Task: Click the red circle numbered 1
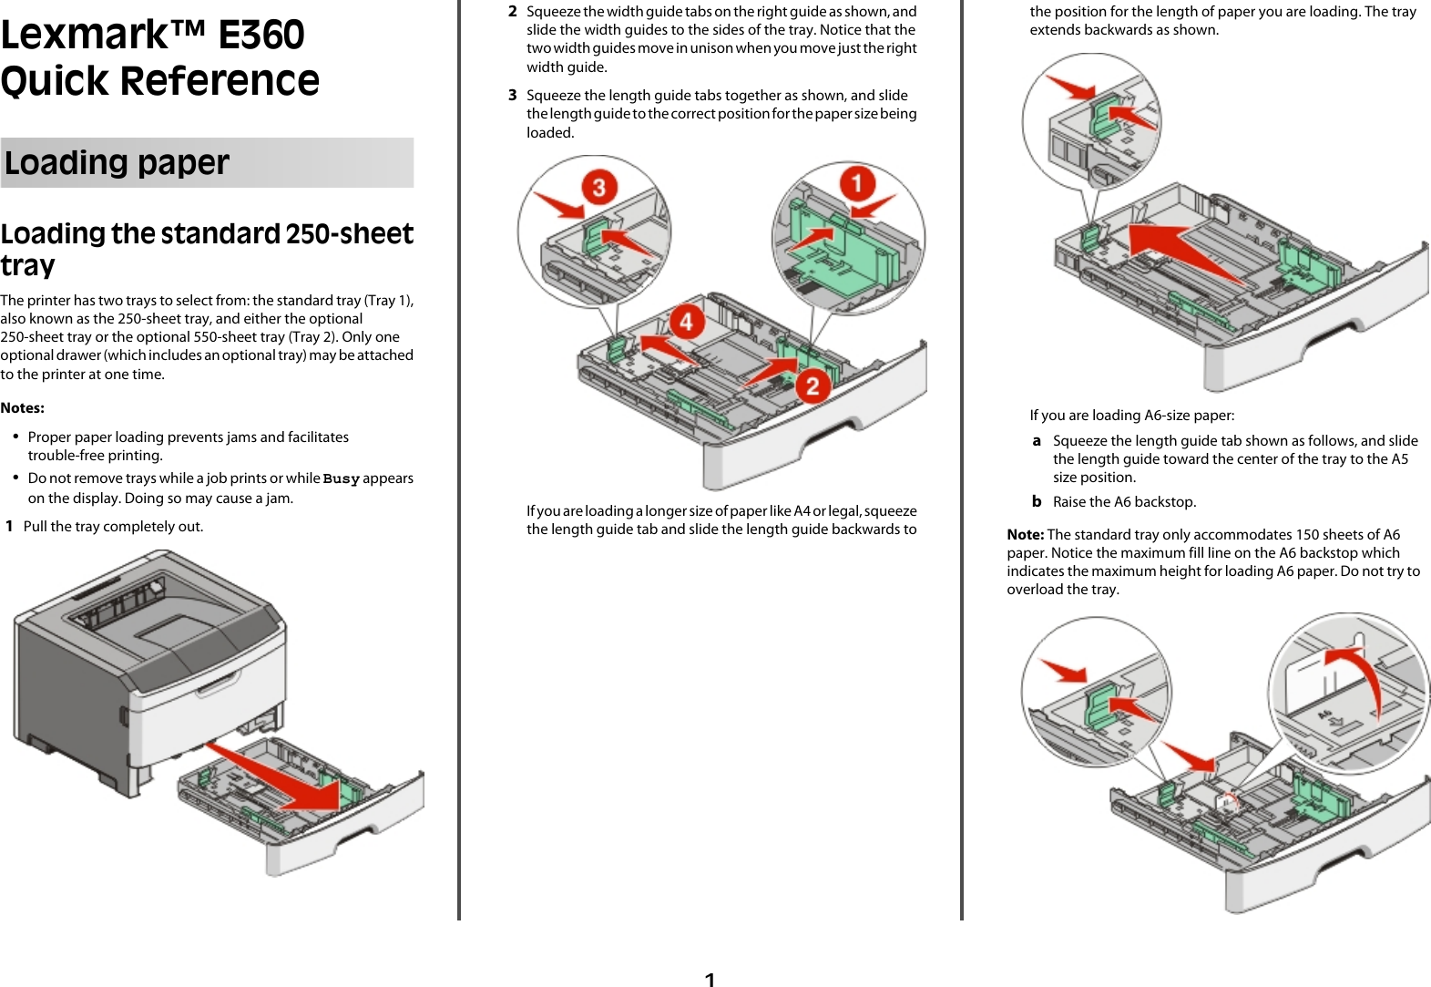(x=856, y=183)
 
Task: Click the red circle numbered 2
(x=813, y=385)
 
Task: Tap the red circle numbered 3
(x=598, y=188)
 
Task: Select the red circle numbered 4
(x=686, y=321)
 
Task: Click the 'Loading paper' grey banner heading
(x=118, y=162)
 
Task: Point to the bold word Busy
(x=341, y=478)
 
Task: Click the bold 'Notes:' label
(x=23, y=407)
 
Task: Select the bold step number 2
(x=513, y=12)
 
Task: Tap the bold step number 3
(x=513, y=95)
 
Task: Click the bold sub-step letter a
(x=1037, y=440)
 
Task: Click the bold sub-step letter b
(x=1037, y=501)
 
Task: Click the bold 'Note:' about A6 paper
(x=1025, y=534)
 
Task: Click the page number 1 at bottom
(x=710, y=979)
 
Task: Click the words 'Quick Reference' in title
(x=160, y=80)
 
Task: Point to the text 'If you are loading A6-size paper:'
(x=1131, y=415)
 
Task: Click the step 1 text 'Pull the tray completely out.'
(x=113, y=526)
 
